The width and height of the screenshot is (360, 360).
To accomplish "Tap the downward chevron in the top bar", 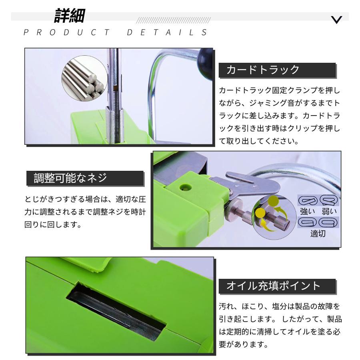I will pyautogui.click(x=337, y=20).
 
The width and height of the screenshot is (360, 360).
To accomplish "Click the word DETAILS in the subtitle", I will pyautogui.click(x=168, y=33).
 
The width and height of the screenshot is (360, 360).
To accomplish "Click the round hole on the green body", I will pyautogui.click(x=184, y=187).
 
